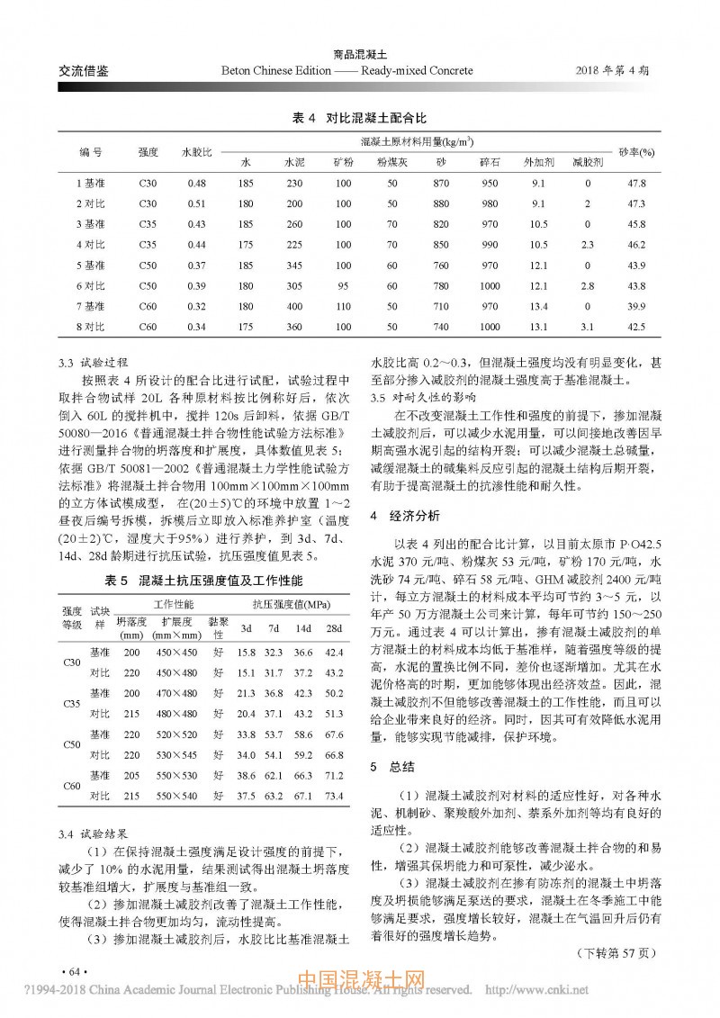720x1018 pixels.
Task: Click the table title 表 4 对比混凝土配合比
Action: coord(360,118)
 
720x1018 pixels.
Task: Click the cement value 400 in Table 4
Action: coord(294,305)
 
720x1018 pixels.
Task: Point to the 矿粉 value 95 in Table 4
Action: coord(343,285)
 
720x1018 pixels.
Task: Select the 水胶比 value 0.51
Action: coord(197,203)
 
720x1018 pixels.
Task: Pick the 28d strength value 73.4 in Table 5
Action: coord(334,796)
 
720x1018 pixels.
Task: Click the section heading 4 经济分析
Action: coord(406,516)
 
